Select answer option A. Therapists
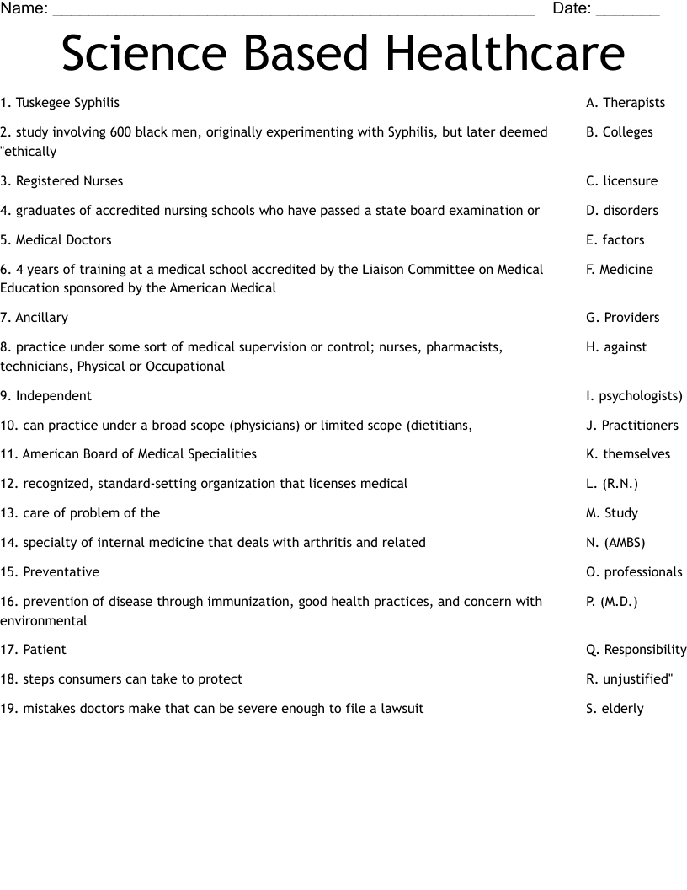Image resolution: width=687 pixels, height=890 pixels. tap(626, 103)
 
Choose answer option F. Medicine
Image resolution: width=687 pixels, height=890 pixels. tap(620, 270)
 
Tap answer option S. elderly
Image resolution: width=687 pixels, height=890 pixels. tap(615, 709)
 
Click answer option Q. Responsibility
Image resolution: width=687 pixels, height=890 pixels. tap(636, 650)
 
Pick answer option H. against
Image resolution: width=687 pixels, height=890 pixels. tap(616, 347)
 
